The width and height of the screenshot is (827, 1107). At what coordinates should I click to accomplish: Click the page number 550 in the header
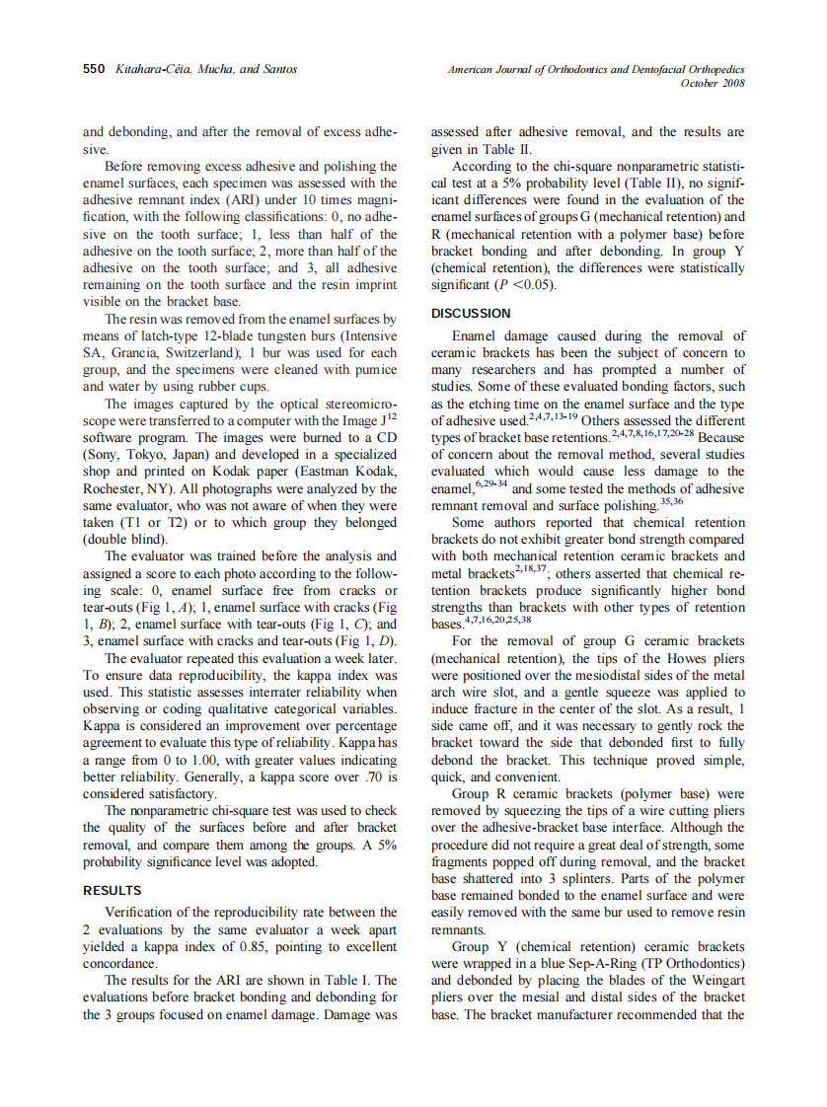tap(95, 69)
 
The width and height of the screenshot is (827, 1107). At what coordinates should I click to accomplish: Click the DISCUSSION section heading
tap(471, 314)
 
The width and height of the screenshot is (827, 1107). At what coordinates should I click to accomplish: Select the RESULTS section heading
tap(112, 890)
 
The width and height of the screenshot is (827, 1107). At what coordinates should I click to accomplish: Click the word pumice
tap(373, 370)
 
